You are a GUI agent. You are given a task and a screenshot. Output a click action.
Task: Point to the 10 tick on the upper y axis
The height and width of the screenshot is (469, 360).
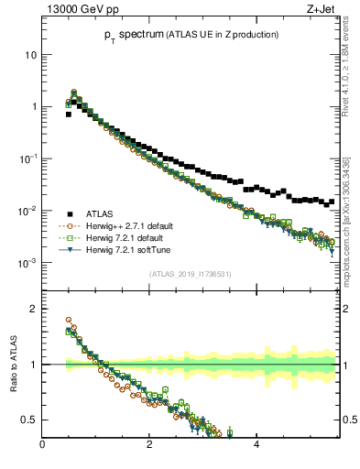(30, 54)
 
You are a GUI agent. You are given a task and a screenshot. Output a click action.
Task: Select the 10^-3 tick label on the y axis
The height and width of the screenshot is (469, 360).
(27, 263)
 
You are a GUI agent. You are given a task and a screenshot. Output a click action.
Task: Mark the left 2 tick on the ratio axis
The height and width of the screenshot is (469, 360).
(33, 309)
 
